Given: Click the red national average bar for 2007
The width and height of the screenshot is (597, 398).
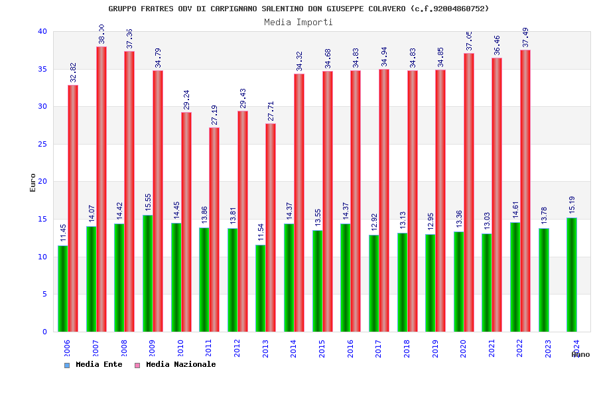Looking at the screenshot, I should pos(101,189).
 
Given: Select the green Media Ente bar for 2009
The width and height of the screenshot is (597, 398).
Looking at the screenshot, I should pos(147,273).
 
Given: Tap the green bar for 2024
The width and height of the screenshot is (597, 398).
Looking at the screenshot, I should pos(572,275).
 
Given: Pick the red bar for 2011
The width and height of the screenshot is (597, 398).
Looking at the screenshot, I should pos(214,230).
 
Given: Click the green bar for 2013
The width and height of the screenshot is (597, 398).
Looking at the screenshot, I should pos(261,289).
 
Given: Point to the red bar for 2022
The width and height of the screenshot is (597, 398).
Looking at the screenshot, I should pos(525,191).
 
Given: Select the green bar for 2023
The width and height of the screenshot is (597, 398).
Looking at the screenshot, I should pos(544,280).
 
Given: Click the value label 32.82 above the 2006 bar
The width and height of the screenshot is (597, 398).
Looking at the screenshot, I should pos(74,72).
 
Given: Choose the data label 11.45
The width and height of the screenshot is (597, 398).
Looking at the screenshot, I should pos(63,233).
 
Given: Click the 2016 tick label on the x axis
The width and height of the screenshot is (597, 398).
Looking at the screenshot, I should pos(350,348).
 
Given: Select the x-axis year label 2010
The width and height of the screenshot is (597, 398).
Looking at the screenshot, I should pos(180,348).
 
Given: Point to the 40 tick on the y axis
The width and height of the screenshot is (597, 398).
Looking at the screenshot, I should pos(42,31).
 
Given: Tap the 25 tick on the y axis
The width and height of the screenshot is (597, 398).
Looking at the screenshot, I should pos(42,144).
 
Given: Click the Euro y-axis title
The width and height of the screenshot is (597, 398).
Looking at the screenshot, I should pos(33,182).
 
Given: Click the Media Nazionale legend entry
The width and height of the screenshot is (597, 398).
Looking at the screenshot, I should pos(180,364).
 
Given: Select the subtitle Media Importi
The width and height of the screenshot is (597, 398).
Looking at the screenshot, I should pos(298,22).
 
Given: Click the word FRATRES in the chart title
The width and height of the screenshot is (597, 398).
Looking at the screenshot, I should pos(159,9).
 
